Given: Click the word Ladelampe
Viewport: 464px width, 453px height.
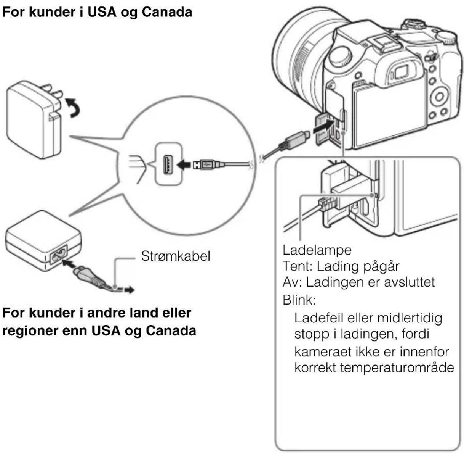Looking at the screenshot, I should (317, 250).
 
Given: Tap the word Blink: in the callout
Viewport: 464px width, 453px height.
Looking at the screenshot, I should (299, 300).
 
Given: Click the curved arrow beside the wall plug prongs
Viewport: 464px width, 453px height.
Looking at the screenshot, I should (72, 107).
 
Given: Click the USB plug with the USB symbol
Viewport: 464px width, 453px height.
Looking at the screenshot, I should (206, 164).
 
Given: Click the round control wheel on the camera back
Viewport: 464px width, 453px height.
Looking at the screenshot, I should (440, 97).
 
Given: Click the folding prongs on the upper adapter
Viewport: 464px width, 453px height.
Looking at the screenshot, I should (53, 94).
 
